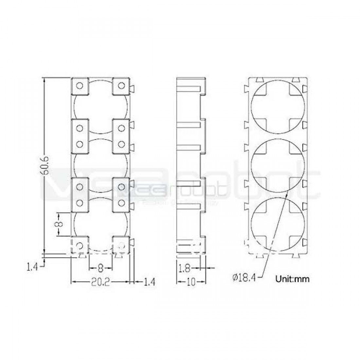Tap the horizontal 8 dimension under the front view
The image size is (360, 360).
pos(100,268)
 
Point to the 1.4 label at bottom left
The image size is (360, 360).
pos(32,267)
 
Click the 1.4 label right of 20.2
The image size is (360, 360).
pos(149,282)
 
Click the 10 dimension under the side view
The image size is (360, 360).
pos(191,282)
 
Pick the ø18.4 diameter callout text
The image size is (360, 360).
pos(244,278)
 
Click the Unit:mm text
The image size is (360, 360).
pos(292,279)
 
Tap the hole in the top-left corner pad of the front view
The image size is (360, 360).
pos(79,86)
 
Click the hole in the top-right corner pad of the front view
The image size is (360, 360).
pos(121,86)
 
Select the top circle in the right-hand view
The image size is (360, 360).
pos(279,105)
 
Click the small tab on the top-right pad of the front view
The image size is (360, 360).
pos(132,88)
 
